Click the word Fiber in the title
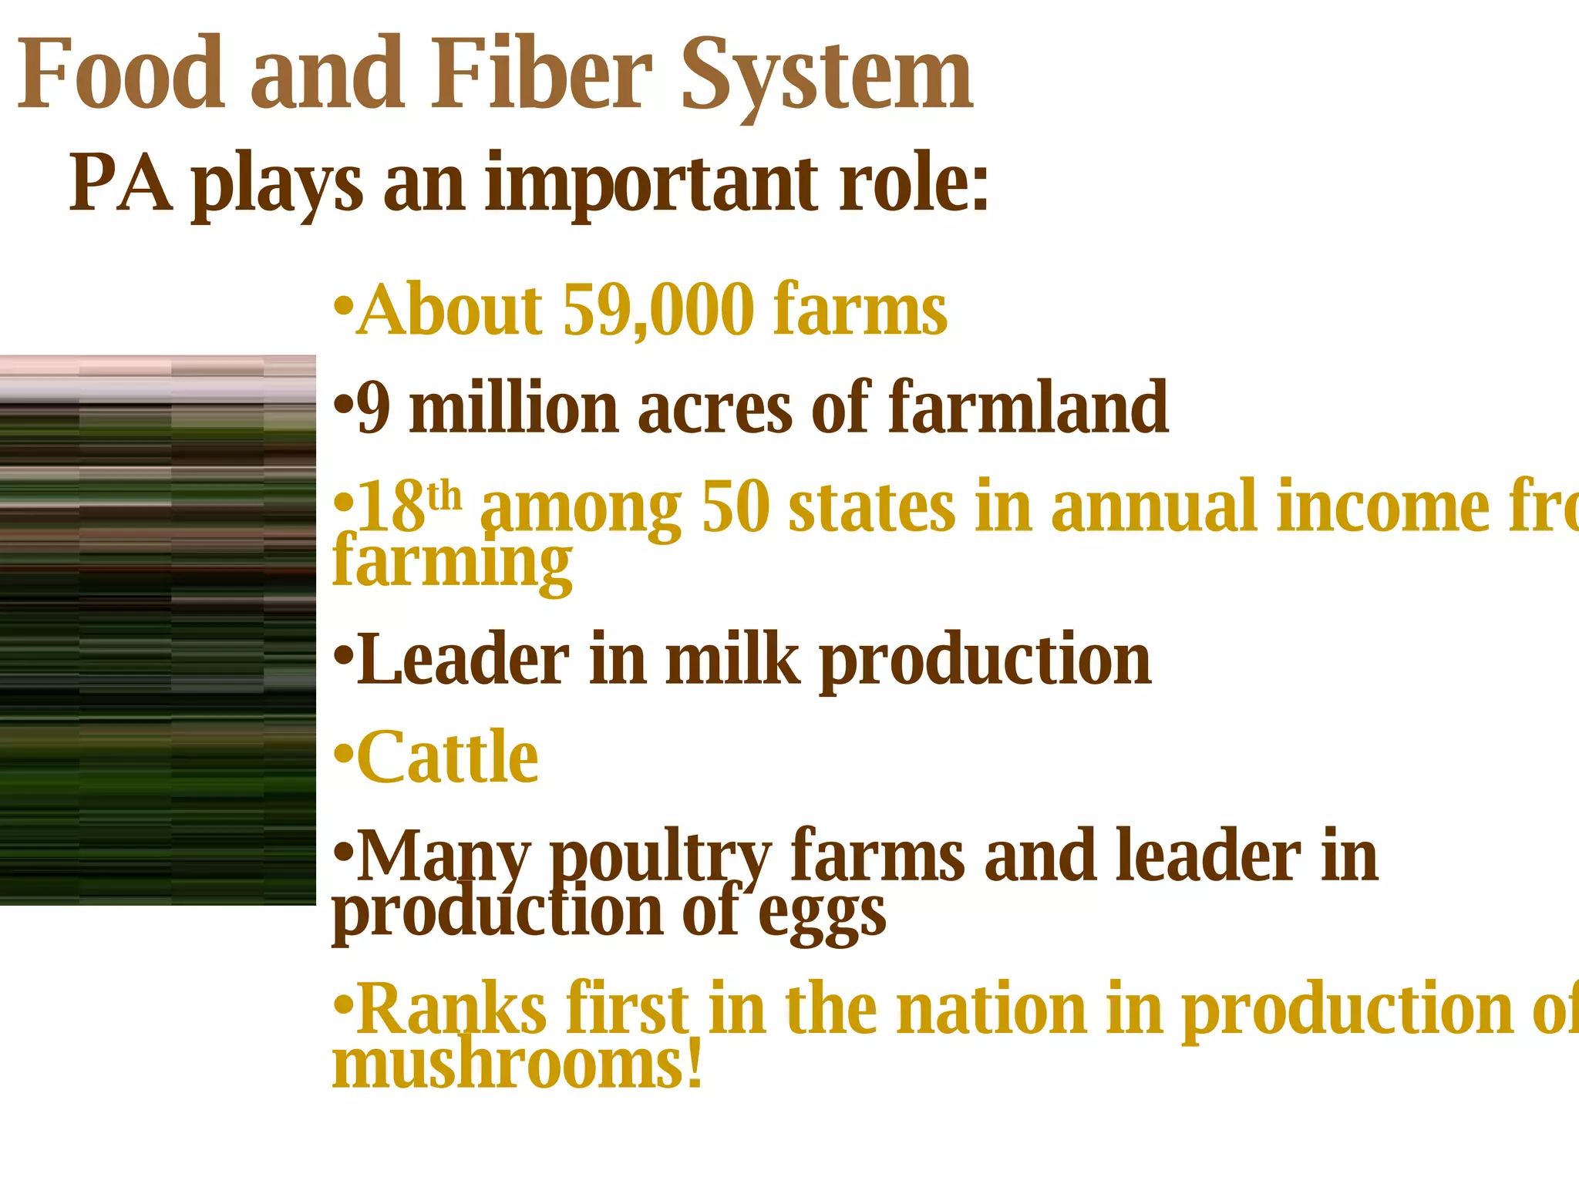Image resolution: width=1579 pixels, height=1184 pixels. tap(542, 75)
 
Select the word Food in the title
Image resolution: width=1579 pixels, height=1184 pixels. tap(121, 75)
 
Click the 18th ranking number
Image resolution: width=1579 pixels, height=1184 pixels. tap(409, 506)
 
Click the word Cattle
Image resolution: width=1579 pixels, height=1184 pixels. tap(447, 757)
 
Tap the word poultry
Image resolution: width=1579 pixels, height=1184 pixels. tap(660, 858)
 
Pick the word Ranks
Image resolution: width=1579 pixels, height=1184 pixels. tap(452, 1009)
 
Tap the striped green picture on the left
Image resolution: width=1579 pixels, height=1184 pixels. tap(157, 630)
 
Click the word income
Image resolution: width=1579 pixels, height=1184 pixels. tap(1382, 506)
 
